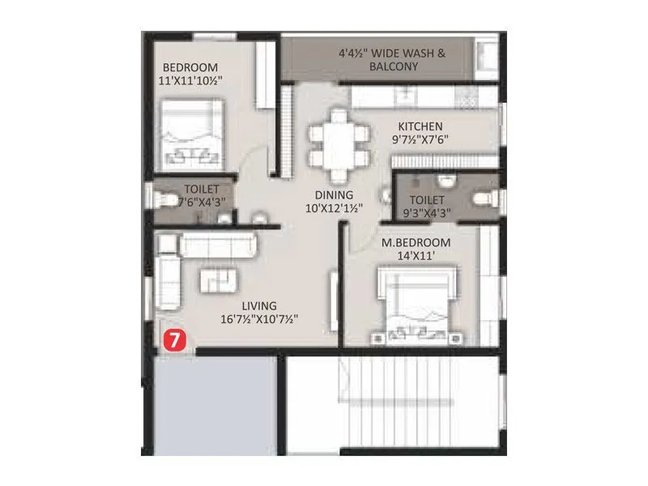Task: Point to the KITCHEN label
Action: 420,126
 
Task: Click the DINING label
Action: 334,194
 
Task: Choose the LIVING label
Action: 259,305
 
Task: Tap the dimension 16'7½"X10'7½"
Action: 259,319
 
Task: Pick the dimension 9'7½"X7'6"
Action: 420,139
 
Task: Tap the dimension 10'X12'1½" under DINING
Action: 334,208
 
